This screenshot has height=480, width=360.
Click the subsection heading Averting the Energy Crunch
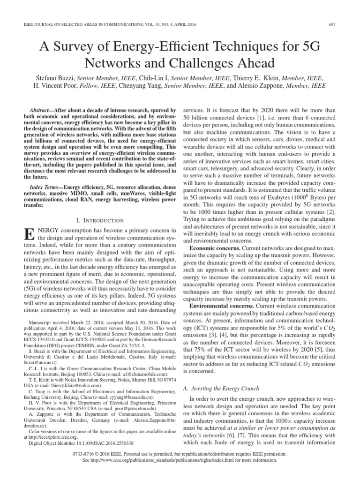coord(220,389)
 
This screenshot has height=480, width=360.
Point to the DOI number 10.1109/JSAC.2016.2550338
coord(101,442)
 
